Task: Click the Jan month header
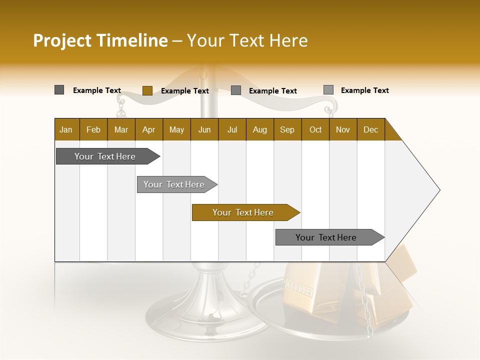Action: pos(66,129)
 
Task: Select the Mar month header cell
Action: pos(121,129)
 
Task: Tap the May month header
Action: pos(176,129)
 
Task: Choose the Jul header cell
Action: pos(232,129)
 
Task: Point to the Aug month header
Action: pos(259,129)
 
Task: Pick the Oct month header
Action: pos(315,129)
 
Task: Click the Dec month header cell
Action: pos(370,129)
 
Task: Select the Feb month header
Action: pos(93,129)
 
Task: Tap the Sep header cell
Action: pos(287,129)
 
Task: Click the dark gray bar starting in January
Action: pos(105,156)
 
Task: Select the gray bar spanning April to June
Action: pos(174,184)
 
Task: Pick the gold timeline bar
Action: pos(243,212)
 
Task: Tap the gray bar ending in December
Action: pos(326,237)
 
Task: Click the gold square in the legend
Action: pos(147,90)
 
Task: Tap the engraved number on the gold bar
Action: pos(298,288)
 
